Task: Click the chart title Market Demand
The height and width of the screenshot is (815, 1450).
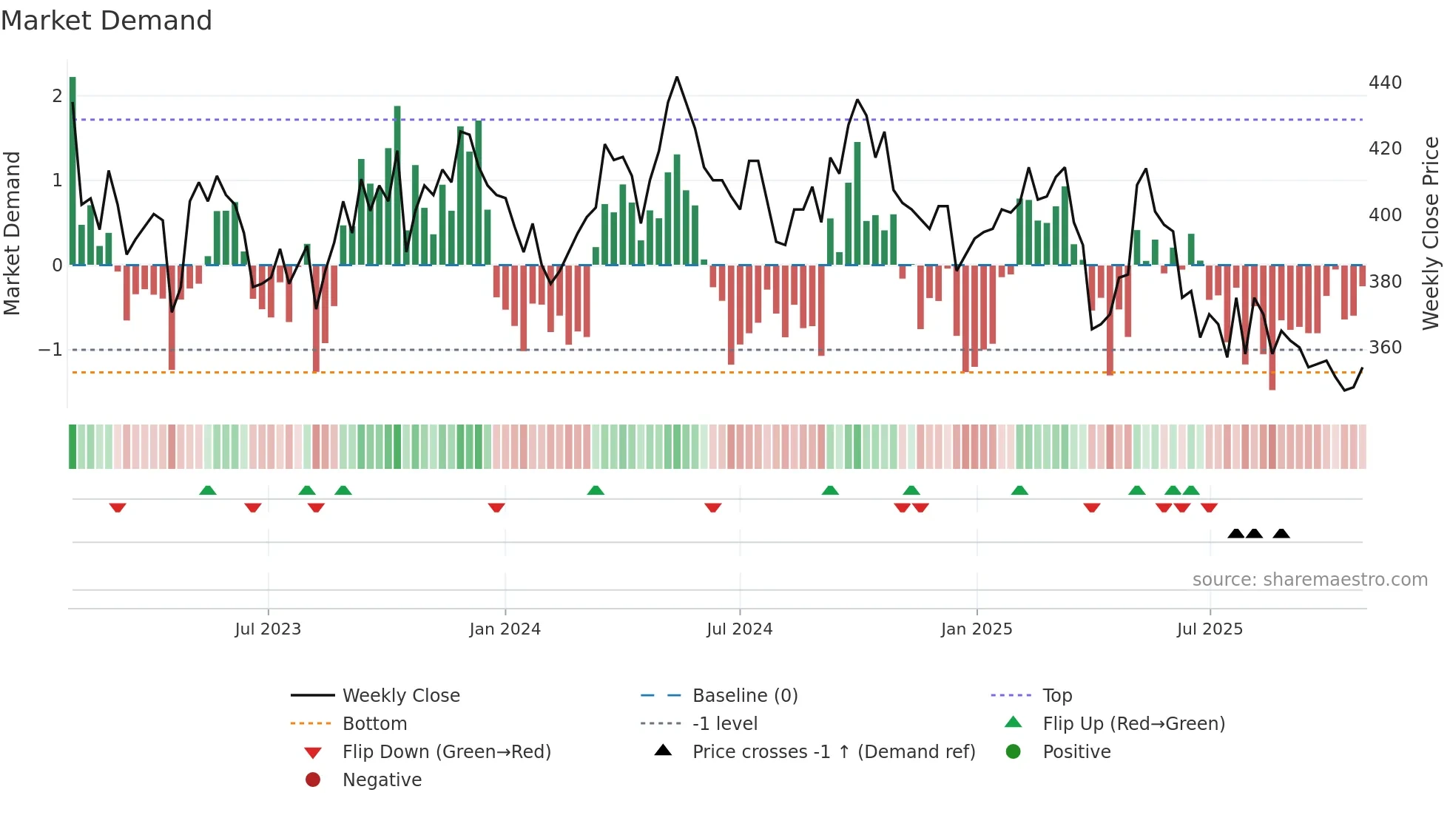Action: pyautogui.click(x=107, y=21)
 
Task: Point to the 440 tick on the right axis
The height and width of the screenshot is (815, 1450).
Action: pyautogui.click(x=1385, y=82)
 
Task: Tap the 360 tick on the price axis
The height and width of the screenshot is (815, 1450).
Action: pyautogui.click(x=1385, y=347)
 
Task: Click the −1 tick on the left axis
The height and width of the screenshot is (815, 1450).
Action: pyautogui.click(x=50, y=349)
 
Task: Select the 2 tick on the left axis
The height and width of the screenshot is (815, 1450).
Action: pyautogui.click(x=57, y=95)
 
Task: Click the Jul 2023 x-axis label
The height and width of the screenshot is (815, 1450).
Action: pyautogui.click(x=268, y=629)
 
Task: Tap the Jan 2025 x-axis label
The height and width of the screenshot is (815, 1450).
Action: pyautogui.click(x=977, y=629)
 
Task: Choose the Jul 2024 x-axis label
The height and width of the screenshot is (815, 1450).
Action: pyautogui.click(x=739, y=629)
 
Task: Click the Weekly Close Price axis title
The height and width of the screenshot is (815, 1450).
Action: pyautogui.click(x=1431, y=233)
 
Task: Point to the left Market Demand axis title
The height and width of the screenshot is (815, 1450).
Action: pyautogui.click(x=12, y=233)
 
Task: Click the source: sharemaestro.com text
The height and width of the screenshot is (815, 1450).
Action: pyautogui.click(x=1309, y=579)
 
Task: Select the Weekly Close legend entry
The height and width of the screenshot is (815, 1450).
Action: pyautogui.click(x=401, y=695)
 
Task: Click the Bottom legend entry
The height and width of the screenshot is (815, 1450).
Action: pyautogui.click(x=374, y=723)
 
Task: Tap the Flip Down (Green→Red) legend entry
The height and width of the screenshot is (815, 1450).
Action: pyautogui.click(x=446, y=751)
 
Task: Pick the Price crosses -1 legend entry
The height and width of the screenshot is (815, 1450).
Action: pyautogui.click(x=833, y=751)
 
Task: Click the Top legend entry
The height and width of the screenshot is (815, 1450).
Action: pyautogui.click(x=1057, y=695)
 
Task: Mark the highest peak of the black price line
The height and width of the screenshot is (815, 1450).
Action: pyautogui.click(x=676, y=78)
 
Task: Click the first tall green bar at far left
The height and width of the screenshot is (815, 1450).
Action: pyautogui.click(x=72, y=170)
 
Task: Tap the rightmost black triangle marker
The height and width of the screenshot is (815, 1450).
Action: pyautogui.click(x=1281, y=533)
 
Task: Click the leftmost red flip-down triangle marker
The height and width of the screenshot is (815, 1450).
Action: pyautogui.click(x=118, y=507)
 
